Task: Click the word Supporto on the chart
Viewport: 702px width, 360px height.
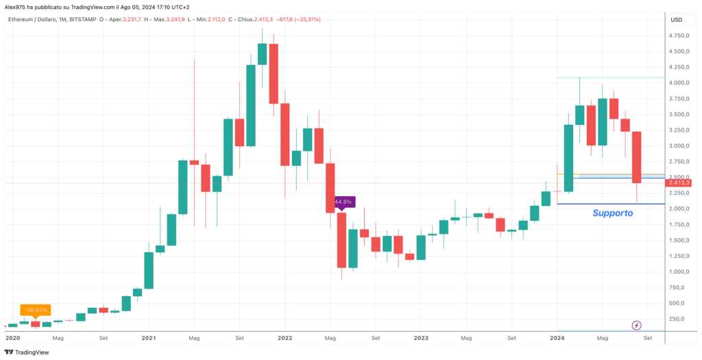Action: pos(612,213)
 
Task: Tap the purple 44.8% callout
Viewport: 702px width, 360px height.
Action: pos(343,202)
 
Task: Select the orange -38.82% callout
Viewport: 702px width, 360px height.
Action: pos(35,310)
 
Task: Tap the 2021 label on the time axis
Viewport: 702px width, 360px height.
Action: pos(148,338)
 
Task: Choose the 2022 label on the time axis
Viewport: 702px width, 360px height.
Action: pos(285,338)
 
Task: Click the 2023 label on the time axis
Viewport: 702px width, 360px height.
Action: pos(421,338)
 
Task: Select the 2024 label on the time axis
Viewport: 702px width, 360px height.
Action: pos(557,338)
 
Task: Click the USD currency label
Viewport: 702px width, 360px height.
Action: pos(676,19)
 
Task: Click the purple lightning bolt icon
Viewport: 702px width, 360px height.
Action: pos(637,324)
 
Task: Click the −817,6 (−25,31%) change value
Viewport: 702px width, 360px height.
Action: pos(295,19)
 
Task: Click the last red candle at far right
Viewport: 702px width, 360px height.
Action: pos(637,157)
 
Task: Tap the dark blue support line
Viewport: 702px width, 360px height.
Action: pos(610,204)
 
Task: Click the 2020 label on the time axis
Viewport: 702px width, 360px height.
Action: pos(12,338)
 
